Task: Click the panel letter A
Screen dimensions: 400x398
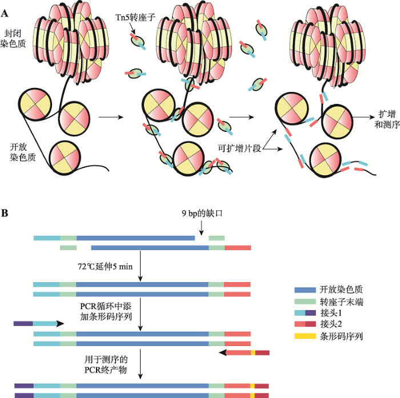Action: [5, 13]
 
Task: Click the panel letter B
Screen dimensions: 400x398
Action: [5, 213]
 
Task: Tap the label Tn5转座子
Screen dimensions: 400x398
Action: [135, 17]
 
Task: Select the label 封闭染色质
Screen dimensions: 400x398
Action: [13, 38]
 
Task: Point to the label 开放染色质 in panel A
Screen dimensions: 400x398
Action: [22, 152]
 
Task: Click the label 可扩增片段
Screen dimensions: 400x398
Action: [239, 148]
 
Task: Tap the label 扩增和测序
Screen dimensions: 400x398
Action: [387, 119]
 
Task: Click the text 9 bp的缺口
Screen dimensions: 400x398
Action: [202, 213]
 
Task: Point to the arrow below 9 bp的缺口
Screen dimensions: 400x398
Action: [201, 228]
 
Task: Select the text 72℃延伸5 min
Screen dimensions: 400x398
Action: [105, 267]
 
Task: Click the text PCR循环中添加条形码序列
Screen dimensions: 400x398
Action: [106, 311]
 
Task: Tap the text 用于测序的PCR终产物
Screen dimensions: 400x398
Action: [106, 365]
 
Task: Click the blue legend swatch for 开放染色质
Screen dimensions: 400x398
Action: [305, 290]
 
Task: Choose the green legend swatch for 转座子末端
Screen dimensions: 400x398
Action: [305, 301]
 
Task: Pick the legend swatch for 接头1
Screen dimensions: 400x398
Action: [305, 312]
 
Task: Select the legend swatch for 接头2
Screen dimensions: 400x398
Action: [305, 324]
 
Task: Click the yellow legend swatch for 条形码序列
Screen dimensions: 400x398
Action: [305, 336]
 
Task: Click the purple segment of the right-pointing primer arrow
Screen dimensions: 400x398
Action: [23, 324]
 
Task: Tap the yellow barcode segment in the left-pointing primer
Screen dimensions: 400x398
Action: [253, 353]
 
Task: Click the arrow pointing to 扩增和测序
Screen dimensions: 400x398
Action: [364, 117]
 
